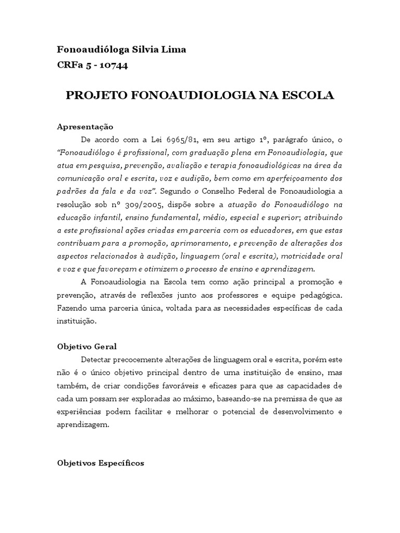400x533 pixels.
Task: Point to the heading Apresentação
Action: pos(85,127)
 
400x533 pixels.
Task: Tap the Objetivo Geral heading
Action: pos(86,346)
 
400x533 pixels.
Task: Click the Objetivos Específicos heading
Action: pos(101,463)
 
